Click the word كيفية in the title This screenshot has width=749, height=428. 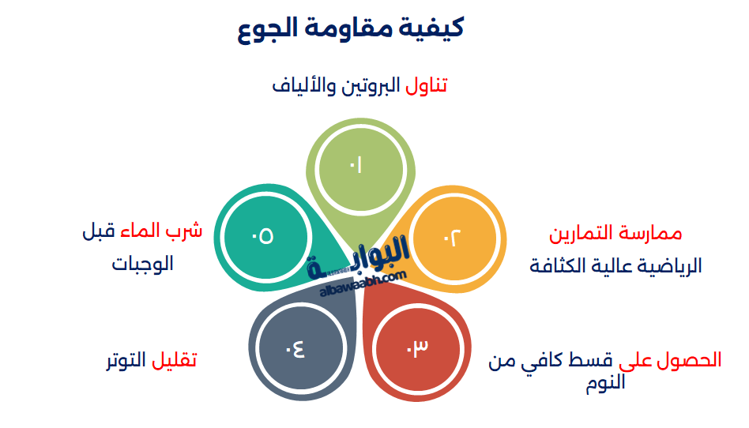point(434,28)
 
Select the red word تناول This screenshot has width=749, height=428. point(427,85)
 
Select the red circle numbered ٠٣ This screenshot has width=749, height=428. point(416,346)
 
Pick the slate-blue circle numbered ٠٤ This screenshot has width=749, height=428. point(297,346)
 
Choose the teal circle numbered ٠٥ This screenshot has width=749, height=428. point(263,235)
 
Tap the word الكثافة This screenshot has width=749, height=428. point(557,265)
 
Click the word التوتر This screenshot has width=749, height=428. point(128,360)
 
